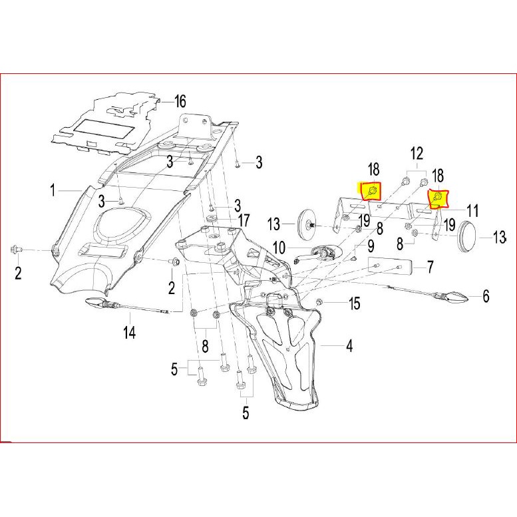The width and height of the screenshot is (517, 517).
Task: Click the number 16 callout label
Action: tap(180, 102)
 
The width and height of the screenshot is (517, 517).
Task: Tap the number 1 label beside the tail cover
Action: tap(53, 192)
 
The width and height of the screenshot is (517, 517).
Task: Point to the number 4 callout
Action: tap(348, 345)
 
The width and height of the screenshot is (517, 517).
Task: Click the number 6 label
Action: tap(486, 296)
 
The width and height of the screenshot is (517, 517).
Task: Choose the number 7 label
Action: tap(431, 267)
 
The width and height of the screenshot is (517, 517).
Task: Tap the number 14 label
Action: tap(129, 331)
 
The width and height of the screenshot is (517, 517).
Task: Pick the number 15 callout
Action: tap(355, 304)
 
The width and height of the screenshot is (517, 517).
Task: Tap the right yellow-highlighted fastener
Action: tap(438, 198)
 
